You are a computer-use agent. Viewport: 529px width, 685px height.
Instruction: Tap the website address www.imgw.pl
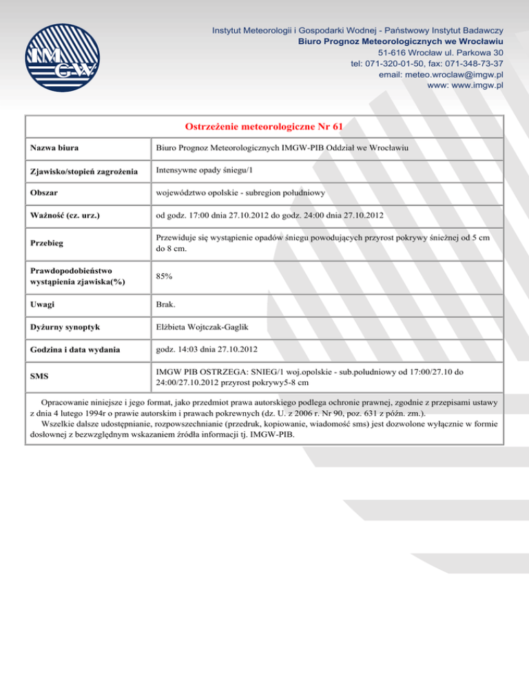pos(467,85)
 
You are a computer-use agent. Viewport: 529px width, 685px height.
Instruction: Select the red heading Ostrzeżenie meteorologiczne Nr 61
pos(264,127)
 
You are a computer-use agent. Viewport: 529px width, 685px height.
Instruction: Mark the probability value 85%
pos(164,276)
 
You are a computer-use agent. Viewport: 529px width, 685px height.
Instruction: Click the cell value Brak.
pos(166,304)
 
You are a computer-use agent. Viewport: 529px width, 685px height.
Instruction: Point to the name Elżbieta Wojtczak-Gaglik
pos(205,327)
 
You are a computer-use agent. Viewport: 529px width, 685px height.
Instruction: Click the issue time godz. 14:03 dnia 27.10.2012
pos(209,349)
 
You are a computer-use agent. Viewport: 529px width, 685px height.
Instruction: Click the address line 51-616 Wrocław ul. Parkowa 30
pos(441,52)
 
